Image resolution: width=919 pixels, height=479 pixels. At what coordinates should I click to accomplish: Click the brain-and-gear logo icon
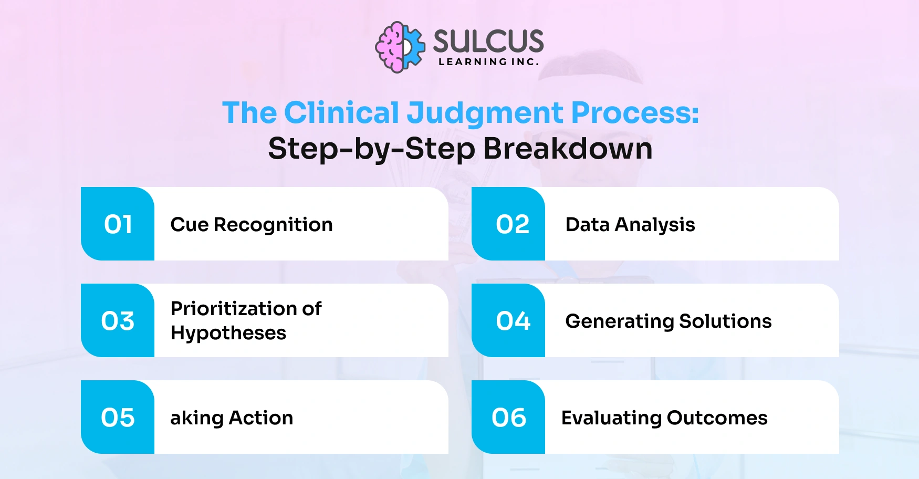tap(400, 47)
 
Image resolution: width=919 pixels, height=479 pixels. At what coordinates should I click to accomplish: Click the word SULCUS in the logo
tap(488, 41)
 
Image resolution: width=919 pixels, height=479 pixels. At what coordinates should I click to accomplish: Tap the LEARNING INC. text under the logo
tap(488, 62)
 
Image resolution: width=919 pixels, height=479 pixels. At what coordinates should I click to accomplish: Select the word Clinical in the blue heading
tap(342, 112)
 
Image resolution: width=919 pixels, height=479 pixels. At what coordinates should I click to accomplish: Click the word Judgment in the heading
tap(485, 113)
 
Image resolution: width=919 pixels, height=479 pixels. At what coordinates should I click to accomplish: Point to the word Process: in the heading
tap(635, 112)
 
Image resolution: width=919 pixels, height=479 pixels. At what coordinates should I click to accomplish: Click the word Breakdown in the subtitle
tap(568, 149)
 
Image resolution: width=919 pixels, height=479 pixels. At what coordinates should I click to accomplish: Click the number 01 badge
tap(118, 224)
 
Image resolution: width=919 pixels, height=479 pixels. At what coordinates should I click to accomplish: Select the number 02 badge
tap(512, 224)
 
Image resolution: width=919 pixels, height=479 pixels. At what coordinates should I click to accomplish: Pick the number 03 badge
tap(118, 321)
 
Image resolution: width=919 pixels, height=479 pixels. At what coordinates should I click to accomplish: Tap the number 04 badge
tap(513, 321)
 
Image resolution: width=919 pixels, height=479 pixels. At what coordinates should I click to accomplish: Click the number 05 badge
tap(118, 418)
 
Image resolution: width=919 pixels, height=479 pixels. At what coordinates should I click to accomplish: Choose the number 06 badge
tap(509, 418)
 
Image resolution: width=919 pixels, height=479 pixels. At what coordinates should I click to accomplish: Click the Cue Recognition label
tap(252, 225)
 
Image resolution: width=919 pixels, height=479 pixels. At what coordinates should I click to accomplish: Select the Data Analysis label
tap(630, 225)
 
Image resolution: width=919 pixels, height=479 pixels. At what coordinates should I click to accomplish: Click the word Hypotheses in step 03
tap(228, 334)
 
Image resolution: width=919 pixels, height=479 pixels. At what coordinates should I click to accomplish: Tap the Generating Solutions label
tap(668, 321)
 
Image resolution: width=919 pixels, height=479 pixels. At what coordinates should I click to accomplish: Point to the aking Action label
tap(232, 418)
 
